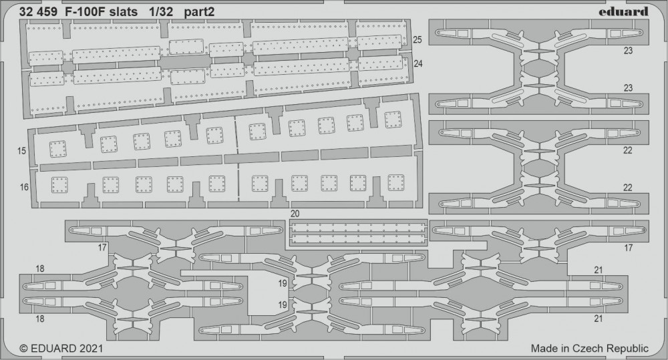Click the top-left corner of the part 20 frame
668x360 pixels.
pos(289,220)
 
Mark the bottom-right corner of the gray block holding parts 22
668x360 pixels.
pos(649,214)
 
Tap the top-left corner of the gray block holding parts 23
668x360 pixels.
pos(429,19)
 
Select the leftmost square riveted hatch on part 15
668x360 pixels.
pos(57,149)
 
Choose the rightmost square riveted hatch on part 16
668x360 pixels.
pos(396,182)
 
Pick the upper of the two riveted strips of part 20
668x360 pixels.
pos(358,228)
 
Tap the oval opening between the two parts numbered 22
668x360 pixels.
pos(539,168)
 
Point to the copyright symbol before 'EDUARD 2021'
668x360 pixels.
pos(24,349)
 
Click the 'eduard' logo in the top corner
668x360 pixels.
pos(623,11)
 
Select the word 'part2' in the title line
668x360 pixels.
pos(199,12)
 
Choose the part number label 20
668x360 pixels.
pos(295,214)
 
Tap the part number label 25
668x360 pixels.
pos(417,39)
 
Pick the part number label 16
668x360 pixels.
pos(24,187)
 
